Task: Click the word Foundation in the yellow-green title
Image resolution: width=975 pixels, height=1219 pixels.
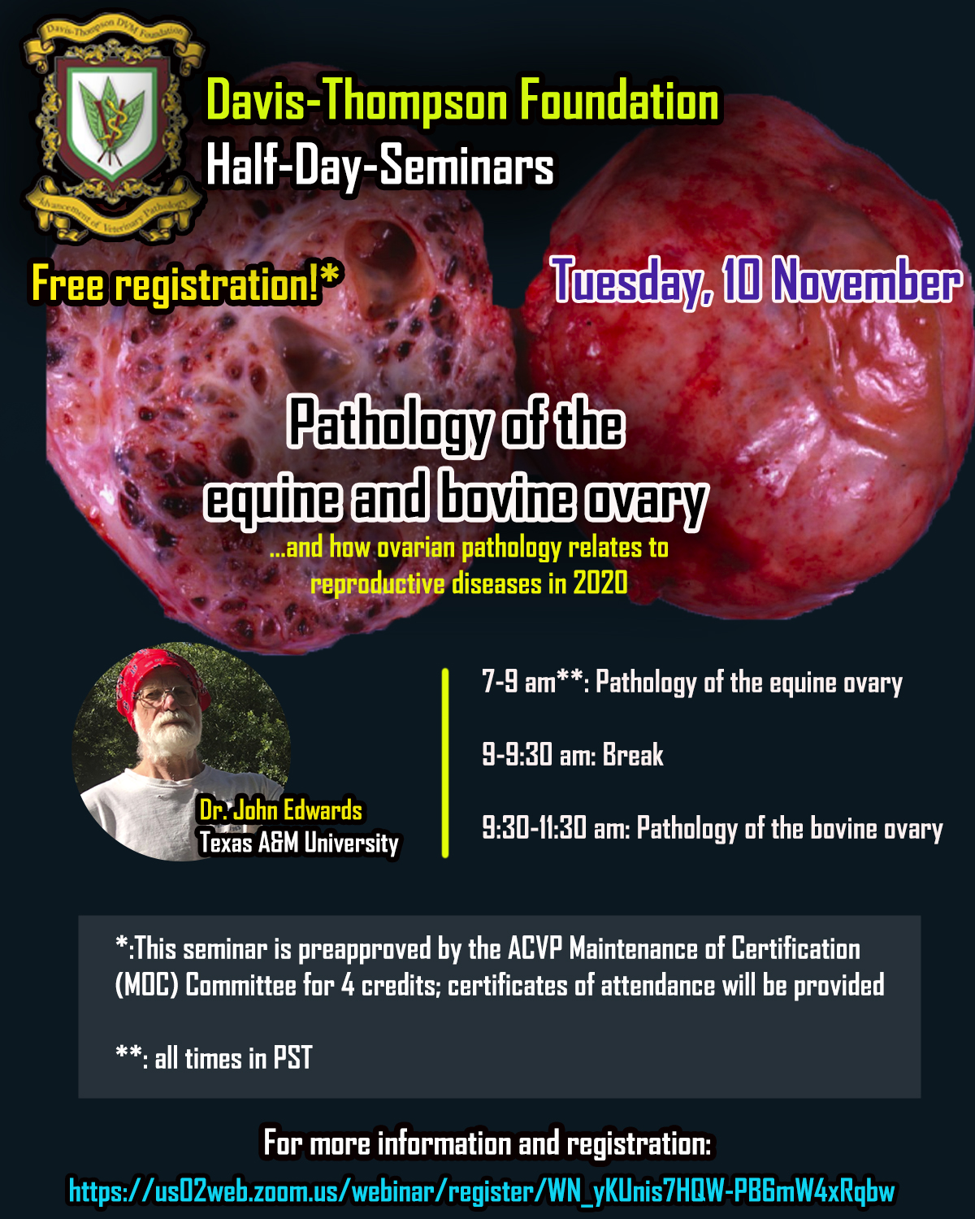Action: tap(619, 101)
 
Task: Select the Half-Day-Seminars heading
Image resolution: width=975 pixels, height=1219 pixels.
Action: tap(379, 165)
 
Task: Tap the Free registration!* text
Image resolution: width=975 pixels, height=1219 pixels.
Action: tap(187, 283)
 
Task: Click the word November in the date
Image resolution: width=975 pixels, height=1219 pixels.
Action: tap(867, 280)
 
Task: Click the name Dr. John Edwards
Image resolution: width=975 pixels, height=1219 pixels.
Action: tap(280, 810)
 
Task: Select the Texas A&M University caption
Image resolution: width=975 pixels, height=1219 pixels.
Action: tap(299, 843)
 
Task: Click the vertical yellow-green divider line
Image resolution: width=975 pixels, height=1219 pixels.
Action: tap(445, 763)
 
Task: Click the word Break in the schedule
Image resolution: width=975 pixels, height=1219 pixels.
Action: tap(633, 754)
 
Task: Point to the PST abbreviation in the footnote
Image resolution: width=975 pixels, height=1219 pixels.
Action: tap(292, 1057)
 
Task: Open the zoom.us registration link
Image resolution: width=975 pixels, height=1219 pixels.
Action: tap(482, 1191)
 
